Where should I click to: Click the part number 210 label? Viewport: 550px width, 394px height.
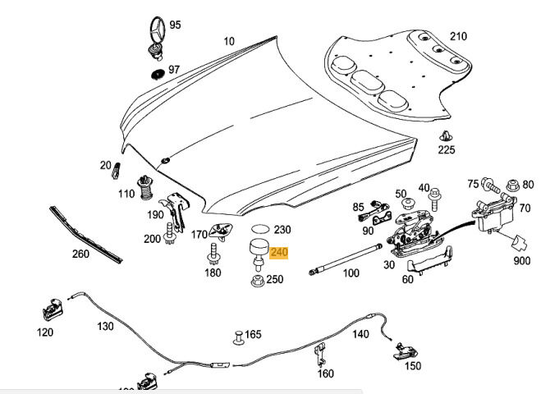tap(458, 36)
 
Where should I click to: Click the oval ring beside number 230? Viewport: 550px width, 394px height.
tap(259, 229)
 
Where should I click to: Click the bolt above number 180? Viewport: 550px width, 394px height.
tap(212, 251)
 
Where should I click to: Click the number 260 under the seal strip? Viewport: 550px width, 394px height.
tap(80, 254)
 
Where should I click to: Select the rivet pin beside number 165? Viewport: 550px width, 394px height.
tap(236, 335)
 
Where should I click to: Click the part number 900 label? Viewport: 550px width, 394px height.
tap(522, 261)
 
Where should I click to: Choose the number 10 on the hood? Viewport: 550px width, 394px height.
tap(228, 40)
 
